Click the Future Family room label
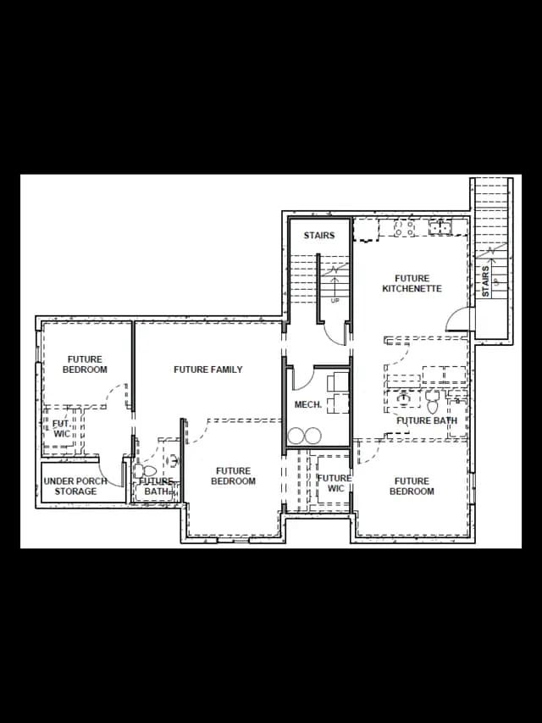(207, 370)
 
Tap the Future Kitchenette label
(412, 284)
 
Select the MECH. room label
(308, 405)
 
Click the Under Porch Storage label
(75, 487)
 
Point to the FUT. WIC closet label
(62, 429)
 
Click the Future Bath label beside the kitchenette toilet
(427, 420)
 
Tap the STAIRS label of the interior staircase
(319, 236)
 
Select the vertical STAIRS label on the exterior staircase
(485, 281)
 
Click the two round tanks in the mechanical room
(305, 436)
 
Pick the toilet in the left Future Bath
(145, 471)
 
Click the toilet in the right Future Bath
(432, 402)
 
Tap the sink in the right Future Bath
(404, 398)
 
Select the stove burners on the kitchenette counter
(404, 228)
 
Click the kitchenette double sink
(440, 227)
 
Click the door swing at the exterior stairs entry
(457, 319)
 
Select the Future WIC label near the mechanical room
(335, 483)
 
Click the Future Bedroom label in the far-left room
(85, 364)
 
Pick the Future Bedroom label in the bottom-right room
(412, 486)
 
